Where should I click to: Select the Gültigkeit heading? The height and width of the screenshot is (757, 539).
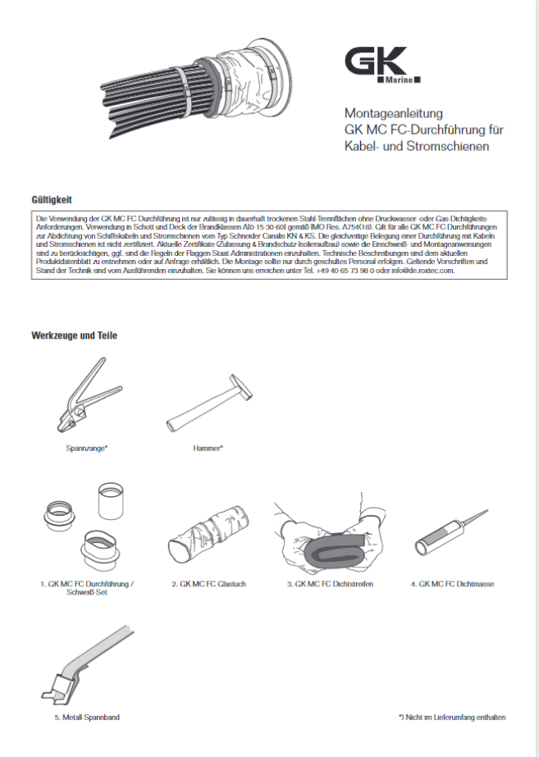click(52, 199)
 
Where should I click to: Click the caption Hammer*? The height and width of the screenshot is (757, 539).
click(208, 448)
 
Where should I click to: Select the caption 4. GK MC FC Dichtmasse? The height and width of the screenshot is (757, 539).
click(452, 584)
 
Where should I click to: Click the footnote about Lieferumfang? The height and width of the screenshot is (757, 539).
click(452, 717)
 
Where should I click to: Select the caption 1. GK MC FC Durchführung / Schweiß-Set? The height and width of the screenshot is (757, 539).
click(87, 588)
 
